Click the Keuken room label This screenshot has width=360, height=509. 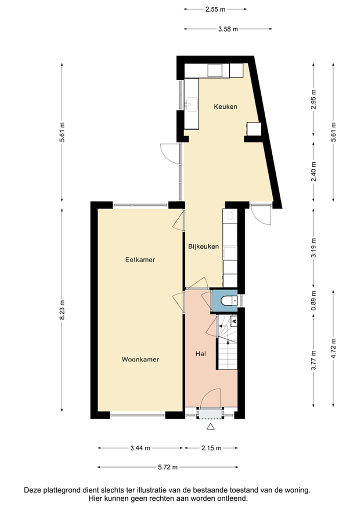225,106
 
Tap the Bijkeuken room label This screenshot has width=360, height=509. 203,246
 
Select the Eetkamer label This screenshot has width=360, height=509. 140,260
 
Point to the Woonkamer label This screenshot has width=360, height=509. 140,359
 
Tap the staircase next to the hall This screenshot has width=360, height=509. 227,345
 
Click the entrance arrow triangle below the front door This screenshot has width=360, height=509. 210,426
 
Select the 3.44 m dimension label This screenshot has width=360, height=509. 140,448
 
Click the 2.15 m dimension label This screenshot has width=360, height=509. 210,448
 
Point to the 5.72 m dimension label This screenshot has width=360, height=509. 167,467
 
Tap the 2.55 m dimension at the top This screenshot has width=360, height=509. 215,9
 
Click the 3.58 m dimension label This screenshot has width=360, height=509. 227,29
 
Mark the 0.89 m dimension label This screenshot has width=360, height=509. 313,300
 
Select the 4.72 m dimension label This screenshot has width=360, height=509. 333,348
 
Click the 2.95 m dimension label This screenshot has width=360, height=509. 313,98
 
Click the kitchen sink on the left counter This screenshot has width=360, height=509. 190,104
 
